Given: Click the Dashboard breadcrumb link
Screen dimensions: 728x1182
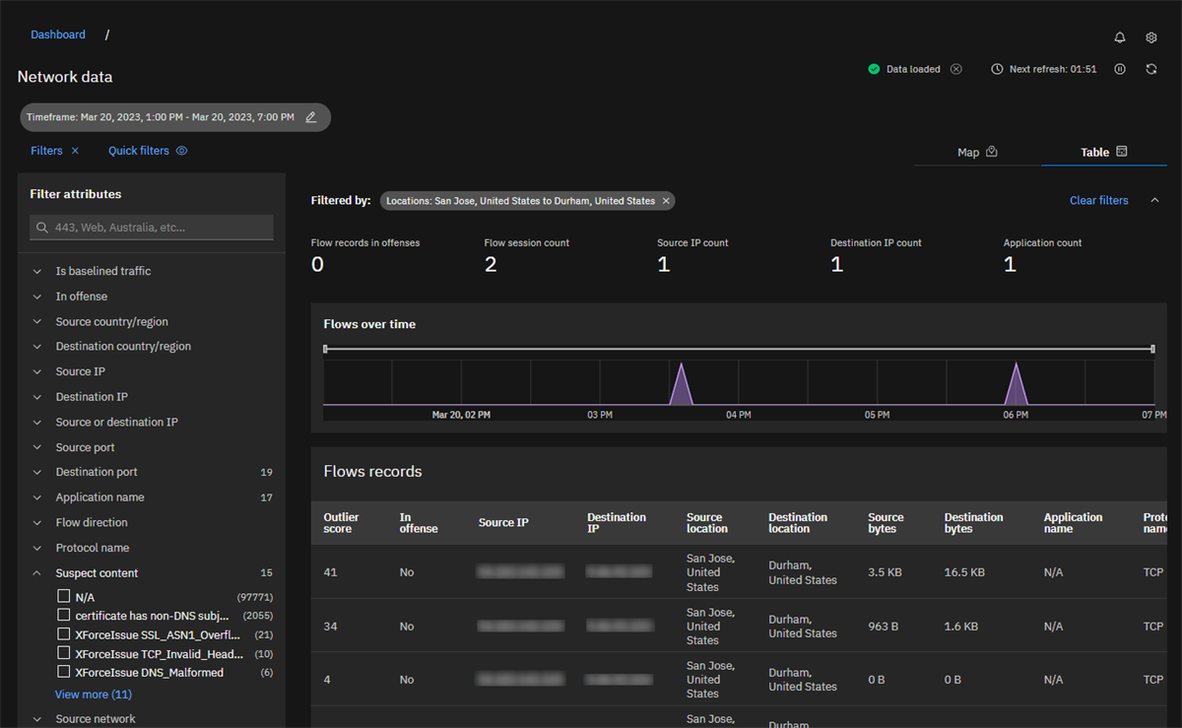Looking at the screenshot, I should point(58,34).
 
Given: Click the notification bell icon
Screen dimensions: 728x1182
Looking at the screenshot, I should point(1120,37).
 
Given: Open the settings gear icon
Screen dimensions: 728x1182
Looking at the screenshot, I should point(1151,37).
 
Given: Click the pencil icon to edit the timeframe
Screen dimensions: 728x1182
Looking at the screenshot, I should point(311,117).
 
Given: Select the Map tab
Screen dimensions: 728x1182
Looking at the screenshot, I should point(977,152).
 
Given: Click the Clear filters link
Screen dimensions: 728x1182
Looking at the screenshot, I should point(1098,200).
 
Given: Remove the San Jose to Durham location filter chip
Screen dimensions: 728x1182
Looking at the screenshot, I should point(666,201).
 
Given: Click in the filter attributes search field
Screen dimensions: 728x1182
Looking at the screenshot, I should point(153,228).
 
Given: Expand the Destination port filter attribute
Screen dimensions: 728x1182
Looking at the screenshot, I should point(97,472).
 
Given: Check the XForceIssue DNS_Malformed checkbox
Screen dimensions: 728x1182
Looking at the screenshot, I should point(64,672).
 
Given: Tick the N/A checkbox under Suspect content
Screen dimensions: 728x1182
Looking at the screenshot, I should point(64,597).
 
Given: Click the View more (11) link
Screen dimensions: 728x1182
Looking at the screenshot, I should point(93,695).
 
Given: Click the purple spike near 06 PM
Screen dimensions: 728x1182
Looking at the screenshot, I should point(1016,387).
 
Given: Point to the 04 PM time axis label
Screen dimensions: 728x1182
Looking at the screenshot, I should point(738,415).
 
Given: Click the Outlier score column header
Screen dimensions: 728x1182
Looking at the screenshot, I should point(341,523).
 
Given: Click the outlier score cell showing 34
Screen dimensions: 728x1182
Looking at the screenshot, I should point(330,627).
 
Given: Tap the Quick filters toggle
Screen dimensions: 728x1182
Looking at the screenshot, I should point(148,151).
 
